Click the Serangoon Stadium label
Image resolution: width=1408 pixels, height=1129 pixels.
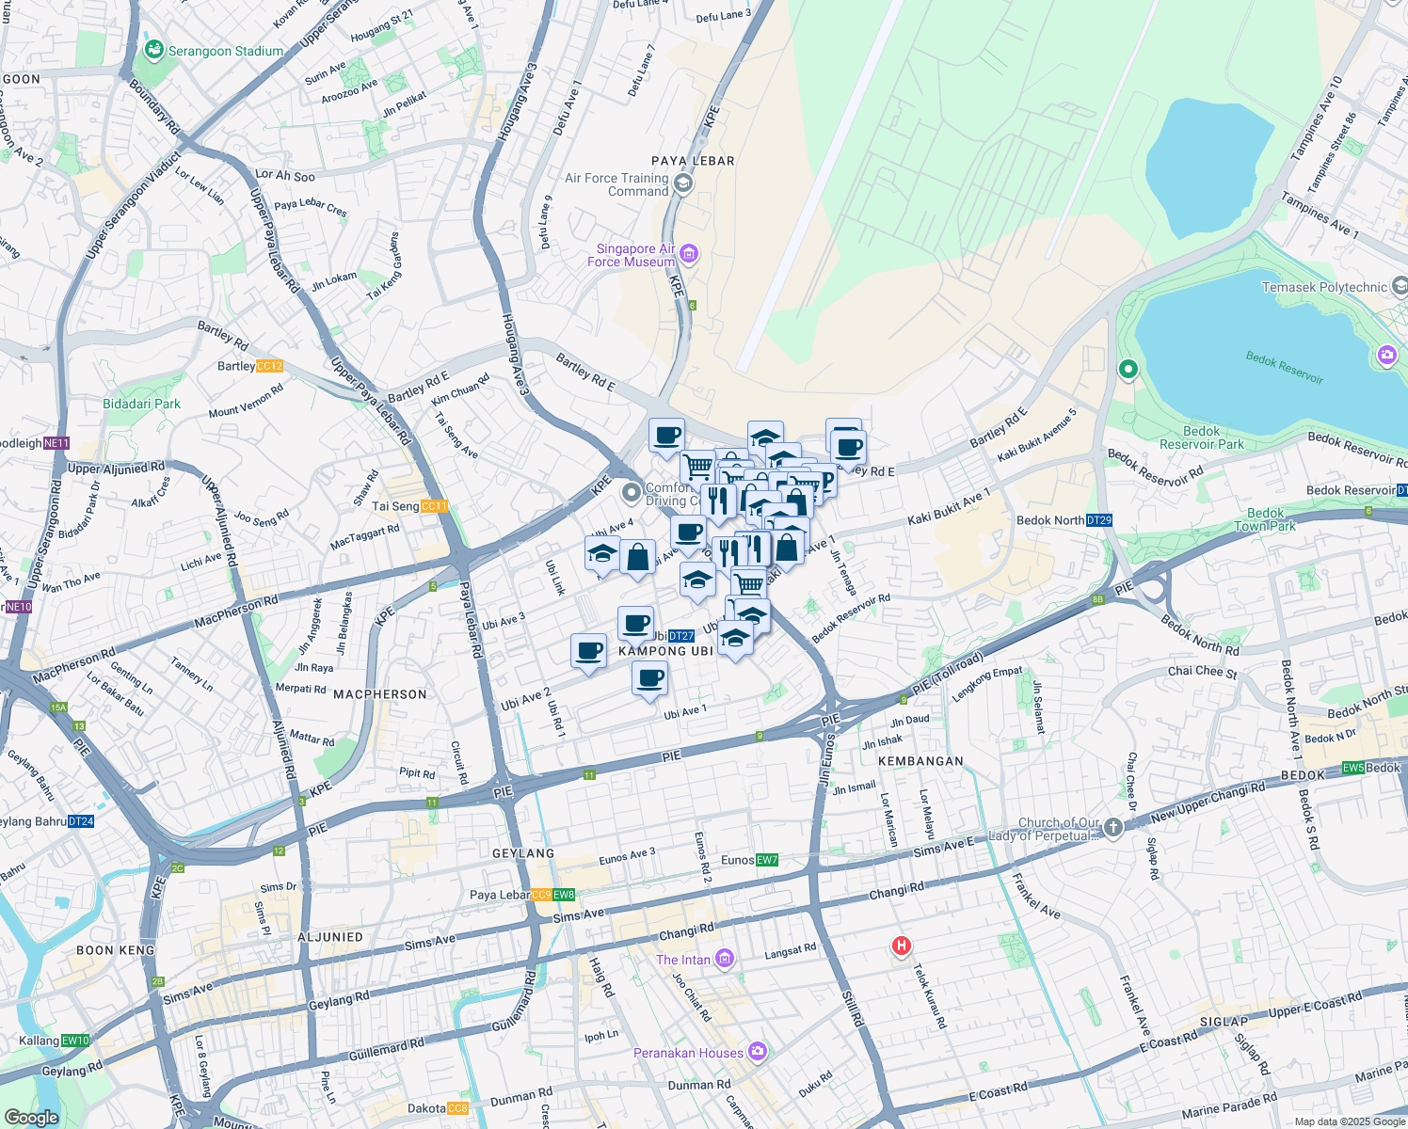225,51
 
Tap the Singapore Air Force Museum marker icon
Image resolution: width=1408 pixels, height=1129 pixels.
690,253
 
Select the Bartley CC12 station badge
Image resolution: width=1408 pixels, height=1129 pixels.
269,366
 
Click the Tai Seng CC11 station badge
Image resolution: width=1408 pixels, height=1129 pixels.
434,506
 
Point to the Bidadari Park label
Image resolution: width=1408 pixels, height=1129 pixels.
141,404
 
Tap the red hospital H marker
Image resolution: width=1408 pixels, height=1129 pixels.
902,946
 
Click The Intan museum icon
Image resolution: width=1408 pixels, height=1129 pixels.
725,959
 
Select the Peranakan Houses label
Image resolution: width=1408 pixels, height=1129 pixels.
688,1053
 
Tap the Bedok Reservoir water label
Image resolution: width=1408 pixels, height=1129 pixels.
1285,367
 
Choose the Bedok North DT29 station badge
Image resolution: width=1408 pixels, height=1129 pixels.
1099,520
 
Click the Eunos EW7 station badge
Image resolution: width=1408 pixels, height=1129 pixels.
767,860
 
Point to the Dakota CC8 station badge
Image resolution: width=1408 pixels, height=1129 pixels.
457,1108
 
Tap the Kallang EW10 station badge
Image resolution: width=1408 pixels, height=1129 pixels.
75,1041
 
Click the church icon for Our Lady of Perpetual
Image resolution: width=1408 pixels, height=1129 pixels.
1113,827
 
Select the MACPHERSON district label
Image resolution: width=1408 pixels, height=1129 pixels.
380,694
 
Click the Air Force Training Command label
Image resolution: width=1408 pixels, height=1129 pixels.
617,184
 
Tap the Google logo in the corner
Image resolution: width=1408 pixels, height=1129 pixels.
31,1117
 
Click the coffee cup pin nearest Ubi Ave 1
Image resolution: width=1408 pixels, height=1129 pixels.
649,677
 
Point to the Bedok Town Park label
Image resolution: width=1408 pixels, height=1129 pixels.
1265,519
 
